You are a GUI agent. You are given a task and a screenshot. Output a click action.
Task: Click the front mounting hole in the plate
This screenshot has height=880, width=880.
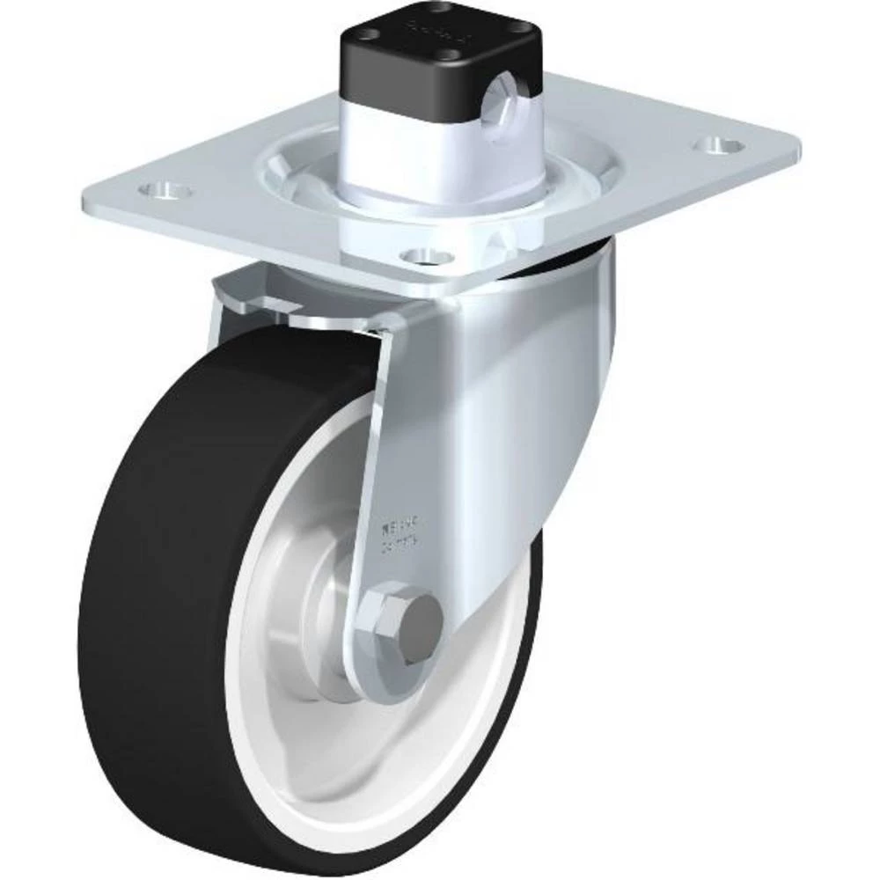coord(425,255)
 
